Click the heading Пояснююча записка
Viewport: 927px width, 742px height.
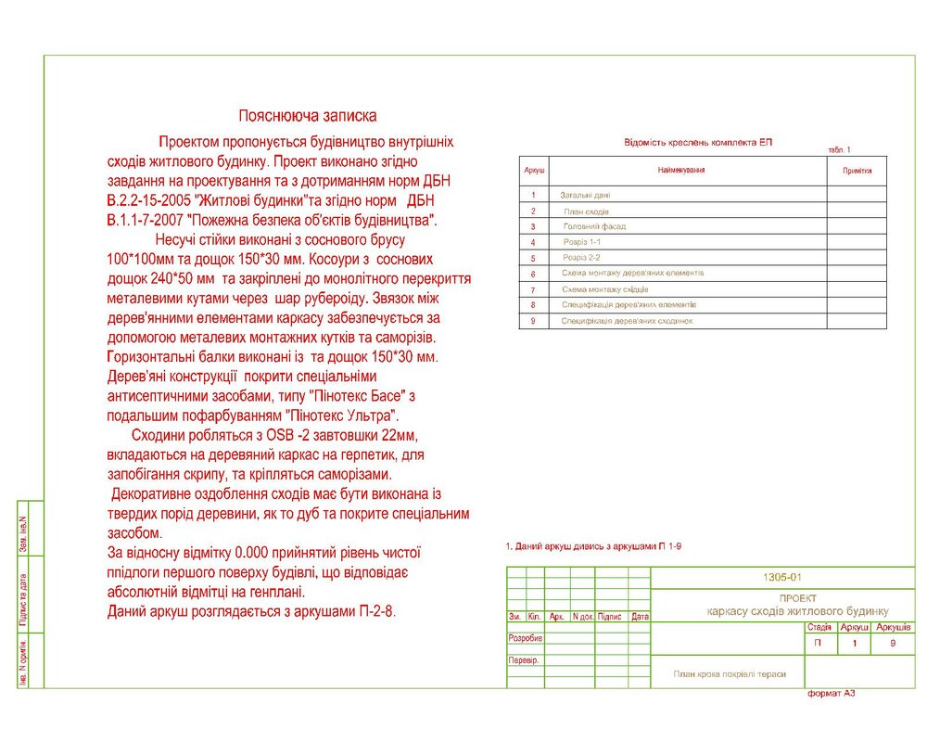click(x=308, y=117)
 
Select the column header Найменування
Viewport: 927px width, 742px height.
click(x=681, y=171)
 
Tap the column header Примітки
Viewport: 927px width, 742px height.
click(x=857, y=172)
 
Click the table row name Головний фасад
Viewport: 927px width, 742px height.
click(x=594, y=226)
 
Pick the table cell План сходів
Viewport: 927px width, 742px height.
click(x=587, y=211)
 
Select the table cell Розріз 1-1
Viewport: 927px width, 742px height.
click(x=582, y=242)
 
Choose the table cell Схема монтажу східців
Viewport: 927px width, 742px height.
click(x=605, y=289)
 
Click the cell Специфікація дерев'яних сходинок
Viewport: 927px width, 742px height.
click(x=627, y=321)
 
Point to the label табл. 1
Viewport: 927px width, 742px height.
click(x=839, y=150)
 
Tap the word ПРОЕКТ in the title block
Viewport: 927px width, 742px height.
click(x=797, y=598)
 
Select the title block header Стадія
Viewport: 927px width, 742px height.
click(x=819, y=628)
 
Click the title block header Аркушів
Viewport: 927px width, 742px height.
click(x=894, y=628)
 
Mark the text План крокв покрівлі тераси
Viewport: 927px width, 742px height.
click(x=730, y=674)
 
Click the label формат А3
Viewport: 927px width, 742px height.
click(x=832, y=694)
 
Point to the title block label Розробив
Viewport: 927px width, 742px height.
click(x=525, y=639)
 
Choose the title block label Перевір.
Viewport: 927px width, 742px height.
click(x=524, y=660)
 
